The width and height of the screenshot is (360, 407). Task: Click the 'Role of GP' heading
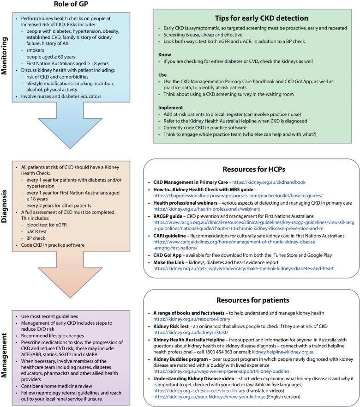(71, 4)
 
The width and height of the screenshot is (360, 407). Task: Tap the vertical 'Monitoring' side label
(5, 56)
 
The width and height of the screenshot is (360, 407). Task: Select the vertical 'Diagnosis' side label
(5, 207)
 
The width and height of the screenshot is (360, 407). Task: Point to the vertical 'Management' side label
(5, 355)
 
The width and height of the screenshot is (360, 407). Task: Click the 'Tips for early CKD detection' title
(261, 18)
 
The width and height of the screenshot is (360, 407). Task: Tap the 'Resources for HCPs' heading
(254, 170)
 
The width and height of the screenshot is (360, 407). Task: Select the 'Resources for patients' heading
(253, 300)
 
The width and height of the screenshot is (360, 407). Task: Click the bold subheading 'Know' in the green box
(165, 55)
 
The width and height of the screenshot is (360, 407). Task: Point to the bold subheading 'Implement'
(171, 108)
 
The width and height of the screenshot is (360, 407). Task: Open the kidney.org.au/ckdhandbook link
(269, 182)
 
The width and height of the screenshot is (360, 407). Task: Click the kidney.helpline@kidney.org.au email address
(283, 352)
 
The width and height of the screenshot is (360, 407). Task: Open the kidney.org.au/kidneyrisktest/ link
(191, 332)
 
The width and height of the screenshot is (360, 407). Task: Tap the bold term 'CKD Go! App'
(167, 255)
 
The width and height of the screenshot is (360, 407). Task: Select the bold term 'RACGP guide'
(168, 216)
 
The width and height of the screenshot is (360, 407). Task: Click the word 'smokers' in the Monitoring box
(35, 50)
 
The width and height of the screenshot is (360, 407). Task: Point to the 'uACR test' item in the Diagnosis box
(36, 231)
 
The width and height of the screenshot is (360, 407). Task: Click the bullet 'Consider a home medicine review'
(57, 386)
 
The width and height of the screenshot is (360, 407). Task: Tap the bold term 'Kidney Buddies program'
(180, 359)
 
